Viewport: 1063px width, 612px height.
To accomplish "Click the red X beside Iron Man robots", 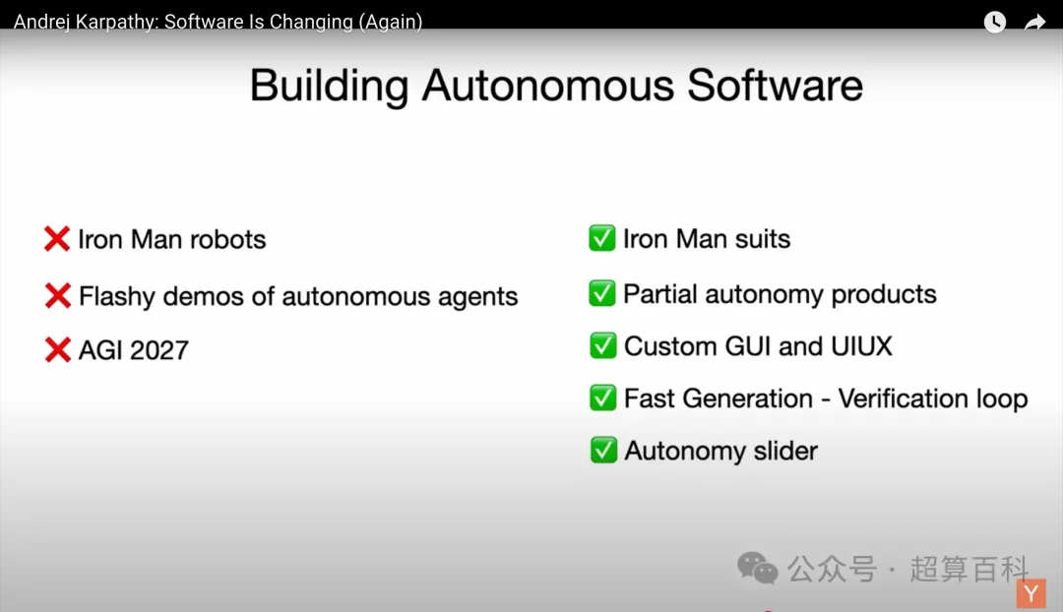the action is (57, 238).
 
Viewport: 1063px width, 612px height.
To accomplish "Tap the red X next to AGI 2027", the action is (58, 349).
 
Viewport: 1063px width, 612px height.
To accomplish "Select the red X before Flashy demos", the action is (58, 295).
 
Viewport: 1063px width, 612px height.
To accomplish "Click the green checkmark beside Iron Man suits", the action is (602, 238).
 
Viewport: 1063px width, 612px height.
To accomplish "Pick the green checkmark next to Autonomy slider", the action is (603, 450).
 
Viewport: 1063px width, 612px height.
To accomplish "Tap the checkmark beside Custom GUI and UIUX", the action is (602, 345).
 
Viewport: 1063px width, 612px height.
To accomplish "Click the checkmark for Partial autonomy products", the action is (602, 293).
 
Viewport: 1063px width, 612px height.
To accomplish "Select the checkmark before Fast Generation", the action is (602, 398).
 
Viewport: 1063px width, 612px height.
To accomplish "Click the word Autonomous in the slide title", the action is (548, 86).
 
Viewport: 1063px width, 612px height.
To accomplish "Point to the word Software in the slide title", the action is (775, 86).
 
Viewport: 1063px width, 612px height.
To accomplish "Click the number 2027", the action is (159, 350).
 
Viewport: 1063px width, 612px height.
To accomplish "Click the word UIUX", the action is (861, 346).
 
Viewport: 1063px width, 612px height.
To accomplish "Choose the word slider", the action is (785, 451).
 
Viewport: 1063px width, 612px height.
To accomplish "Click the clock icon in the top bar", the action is (994, 22).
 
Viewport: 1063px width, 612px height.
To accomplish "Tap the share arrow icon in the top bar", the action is (1034, 23).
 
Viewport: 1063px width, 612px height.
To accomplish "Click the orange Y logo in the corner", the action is (1032, 593).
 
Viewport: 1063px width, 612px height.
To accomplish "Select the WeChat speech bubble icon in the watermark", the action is (757, 568).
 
